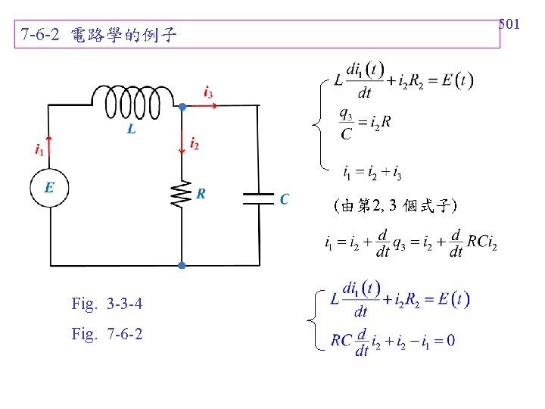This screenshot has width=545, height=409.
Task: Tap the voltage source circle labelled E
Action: coord(49,187)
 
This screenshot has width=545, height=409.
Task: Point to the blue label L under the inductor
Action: coord(131,130)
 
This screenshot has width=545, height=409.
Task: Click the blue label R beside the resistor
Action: coord(201,194)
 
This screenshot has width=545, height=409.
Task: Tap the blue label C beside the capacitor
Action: coord(285,199)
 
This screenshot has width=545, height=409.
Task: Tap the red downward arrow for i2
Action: coord(182,141)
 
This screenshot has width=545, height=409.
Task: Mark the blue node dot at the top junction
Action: coord(182,107)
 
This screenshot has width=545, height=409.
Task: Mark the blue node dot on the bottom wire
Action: coord(182,265)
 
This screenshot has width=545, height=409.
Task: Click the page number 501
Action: coord(509,25)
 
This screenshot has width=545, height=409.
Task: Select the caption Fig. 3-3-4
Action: coord(107,304)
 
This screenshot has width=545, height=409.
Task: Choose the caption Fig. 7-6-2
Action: coord(107,333)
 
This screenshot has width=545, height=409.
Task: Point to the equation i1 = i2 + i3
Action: coord(372,173)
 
